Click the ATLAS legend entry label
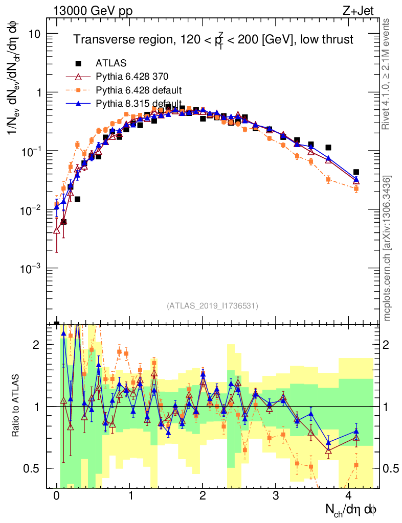pos(108,63)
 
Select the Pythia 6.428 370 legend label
pos(132,77)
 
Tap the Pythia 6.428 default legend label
pos(139,90)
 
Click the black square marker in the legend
pos(79,63)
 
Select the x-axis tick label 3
pos(276,496)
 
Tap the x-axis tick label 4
pos(349,496)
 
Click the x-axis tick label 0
pos(56,496)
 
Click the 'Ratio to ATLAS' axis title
pos(16,406)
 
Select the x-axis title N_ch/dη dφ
pos(352,510)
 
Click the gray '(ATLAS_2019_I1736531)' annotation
pos(212,306)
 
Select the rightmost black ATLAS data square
pos(356,172)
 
